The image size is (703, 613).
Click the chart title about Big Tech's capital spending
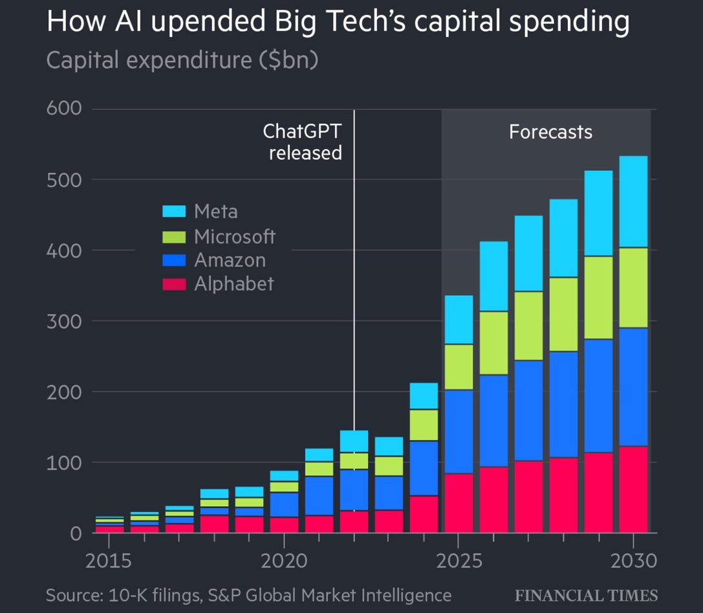338,22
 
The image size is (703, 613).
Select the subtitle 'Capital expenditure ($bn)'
182,60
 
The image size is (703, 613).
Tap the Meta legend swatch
174,212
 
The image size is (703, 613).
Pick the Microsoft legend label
235,236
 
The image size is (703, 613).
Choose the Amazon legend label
230,260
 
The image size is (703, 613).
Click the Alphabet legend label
234,284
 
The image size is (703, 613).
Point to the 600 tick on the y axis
63,108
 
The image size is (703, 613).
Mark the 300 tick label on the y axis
63,321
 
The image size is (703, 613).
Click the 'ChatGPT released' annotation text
303,142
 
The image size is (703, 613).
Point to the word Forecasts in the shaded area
550,132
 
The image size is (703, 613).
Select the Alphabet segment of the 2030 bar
633,489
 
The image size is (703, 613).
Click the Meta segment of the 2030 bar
633,201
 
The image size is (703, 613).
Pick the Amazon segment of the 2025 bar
459,432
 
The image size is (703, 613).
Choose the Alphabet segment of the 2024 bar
424,514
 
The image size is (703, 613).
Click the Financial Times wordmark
586,596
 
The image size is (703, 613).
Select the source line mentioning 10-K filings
248,595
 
